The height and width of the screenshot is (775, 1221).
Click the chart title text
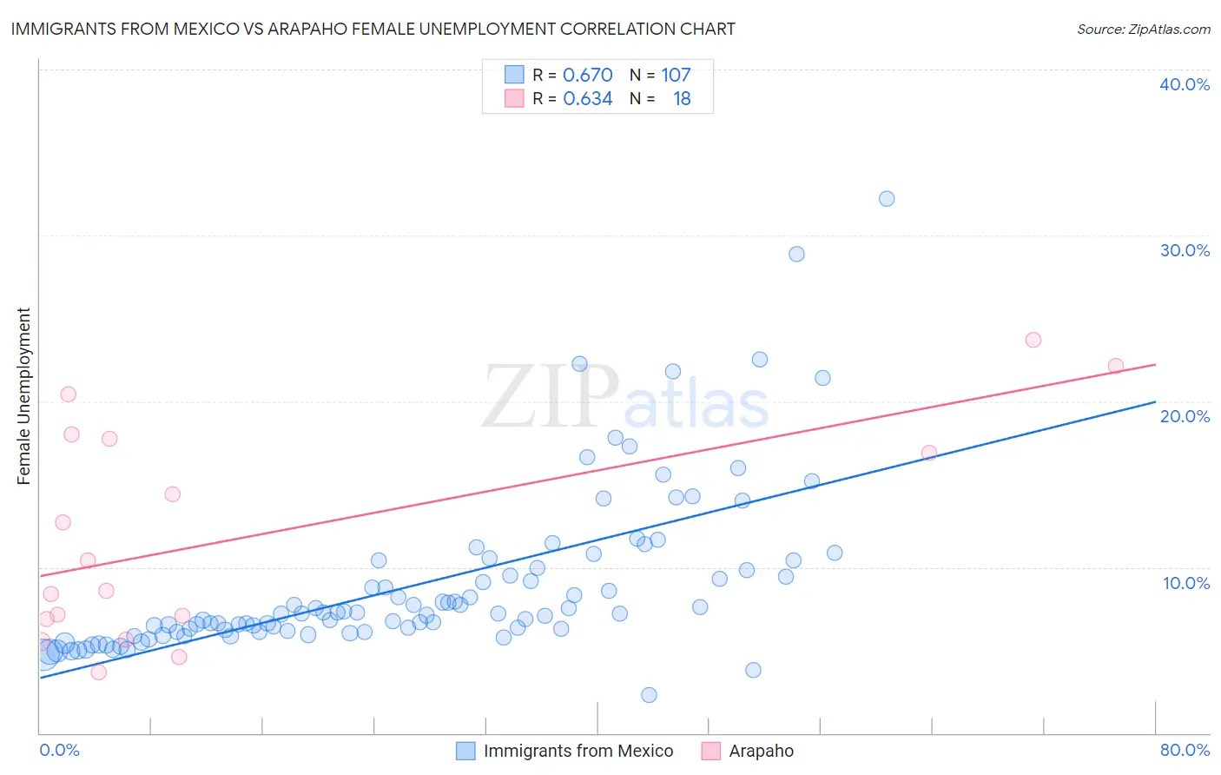tap(373, 30)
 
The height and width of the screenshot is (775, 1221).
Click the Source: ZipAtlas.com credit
tap(1143, 30)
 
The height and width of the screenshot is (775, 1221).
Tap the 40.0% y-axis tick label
tap(1185, 84)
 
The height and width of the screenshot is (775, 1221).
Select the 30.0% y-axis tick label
tap(1185, 250)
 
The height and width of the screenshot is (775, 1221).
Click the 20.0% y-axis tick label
tap(1185, 416)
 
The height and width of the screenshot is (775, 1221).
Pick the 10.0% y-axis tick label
tap(1186, 583)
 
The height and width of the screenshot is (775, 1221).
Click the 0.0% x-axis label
tap(59, 750)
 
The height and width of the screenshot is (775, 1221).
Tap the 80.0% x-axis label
tap(1185, 750)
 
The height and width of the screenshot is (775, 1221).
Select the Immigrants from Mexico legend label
tap(578, 751)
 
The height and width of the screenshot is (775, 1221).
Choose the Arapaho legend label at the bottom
tap(761, 751)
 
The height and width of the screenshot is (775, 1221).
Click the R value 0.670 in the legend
tap(588, 76)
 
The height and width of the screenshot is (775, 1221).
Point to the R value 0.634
tap(588, 99)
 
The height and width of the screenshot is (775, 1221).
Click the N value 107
tap(676, 76)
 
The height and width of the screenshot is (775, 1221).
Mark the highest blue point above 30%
tap(887, 199)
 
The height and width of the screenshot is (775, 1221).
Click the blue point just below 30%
tap(796, 255)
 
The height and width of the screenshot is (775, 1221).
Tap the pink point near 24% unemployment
tap(1033, 340)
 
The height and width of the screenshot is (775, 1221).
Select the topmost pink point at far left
tap(69, 394)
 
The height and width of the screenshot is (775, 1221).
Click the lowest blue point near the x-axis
tap(649, 695)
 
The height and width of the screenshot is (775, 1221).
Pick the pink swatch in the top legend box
tap(514, 99)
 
